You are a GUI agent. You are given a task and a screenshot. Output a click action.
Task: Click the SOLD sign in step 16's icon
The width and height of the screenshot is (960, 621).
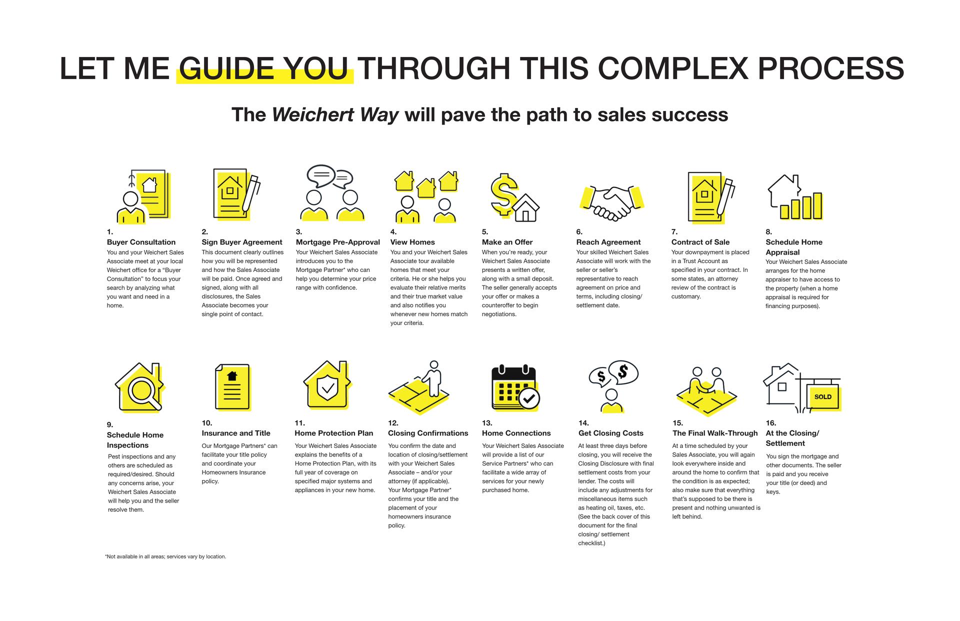point(823,397)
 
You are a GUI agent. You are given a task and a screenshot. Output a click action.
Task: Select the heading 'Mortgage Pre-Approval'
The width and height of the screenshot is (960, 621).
point(338,242)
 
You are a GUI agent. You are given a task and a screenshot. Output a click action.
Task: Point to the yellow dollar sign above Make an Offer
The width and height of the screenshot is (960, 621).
point(503,194)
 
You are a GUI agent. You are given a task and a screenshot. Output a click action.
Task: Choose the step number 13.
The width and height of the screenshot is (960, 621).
point(487,423)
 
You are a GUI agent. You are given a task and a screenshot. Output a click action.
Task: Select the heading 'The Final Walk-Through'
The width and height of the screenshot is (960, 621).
point(715,433)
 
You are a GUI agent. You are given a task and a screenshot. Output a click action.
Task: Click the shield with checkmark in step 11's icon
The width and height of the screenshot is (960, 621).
point(327,387)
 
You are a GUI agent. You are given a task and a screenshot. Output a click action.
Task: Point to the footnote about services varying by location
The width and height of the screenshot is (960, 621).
point(165,556)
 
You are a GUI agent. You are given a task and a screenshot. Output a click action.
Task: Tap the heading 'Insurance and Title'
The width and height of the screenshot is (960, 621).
point(236,433)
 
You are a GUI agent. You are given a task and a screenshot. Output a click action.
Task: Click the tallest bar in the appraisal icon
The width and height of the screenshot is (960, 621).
point(817,206)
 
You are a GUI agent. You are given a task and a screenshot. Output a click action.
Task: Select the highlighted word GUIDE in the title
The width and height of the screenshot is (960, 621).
point(226,68)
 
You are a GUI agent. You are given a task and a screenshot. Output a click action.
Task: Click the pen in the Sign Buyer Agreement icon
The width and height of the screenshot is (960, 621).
point(251,194)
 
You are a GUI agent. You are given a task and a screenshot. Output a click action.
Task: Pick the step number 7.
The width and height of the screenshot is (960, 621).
point(674,232)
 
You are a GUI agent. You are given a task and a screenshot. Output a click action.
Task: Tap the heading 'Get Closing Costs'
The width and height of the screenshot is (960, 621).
point(610,433)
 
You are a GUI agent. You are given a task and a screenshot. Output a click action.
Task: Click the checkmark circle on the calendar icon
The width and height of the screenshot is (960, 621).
point(529,398)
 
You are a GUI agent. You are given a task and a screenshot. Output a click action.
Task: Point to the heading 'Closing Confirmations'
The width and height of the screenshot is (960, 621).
point(428,433)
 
